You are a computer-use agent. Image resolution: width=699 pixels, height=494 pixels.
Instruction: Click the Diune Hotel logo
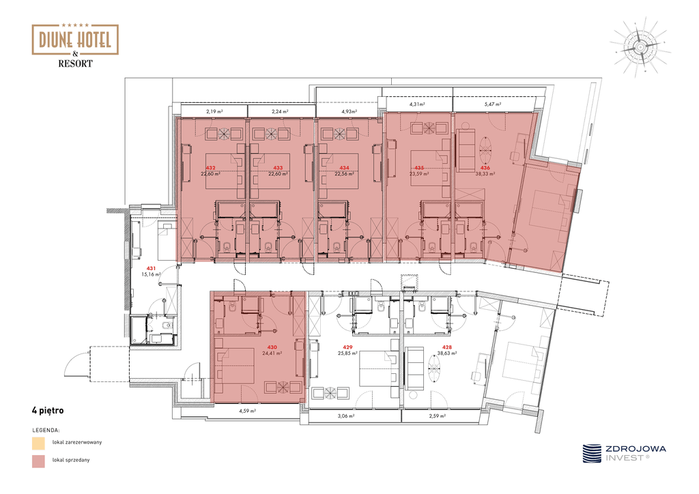pos(75,45)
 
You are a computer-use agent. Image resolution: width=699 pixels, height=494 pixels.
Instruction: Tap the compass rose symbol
pos(640,47)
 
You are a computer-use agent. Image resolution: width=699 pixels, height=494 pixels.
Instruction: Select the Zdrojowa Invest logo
pos(624,454)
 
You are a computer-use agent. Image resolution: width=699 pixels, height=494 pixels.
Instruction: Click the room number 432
pos(210,168)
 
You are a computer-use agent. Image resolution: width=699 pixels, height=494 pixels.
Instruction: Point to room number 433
pos(278,168)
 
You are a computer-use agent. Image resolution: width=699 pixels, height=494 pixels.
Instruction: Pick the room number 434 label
pos(344,168)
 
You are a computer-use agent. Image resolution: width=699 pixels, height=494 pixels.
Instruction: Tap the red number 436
pos(485,168)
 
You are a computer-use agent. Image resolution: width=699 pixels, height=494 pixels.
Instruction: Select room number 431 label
pos(151,269)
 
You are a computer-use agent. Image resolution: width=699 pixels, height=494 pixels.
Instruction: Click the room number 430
pos(272,347)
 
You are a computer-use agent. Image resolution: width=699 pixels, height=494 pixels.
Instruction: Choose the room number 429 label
pos(347,347)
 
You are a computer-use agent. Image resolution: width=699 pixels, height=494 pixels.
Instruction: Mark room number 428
pos(446,347)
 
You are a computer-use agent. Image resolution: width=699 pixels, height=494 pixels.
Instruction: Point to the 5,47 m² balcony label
pos(493,104)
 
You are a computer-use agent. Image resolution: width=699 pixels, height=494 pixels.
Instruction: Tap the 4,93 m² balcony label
pos(349,112)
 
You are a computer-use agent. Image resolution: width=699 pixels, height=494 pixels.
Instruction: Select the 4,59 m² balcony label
pos(247,411)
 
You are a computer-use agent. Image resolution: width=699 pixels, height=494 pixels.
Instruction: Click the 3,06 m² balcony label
pos(346,416)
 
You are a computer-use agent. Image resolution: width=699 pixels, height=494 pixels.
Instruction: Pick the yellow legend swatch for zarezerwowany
pos(38,444)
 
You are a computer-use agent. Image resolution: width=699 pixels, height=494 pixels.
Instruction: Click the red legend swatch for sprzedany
pos(38,461)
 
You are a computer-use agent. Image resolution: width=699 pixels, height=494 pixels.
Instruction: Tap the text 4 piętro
pos(48,411)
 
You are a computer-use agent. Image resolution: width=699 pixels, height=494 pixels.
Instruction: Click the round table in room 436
pos(485,149)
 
